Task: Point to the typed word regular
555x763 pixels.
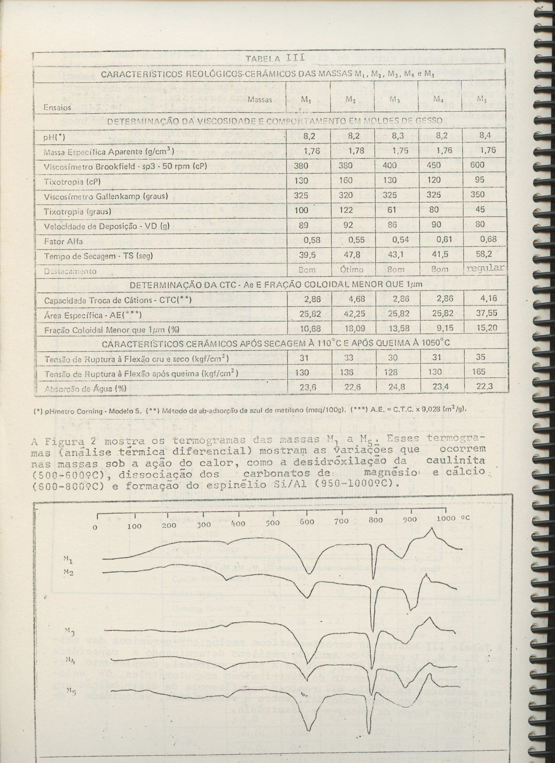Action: coord(485,268)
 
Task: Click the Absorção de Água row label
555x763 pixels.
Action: coord(86,389)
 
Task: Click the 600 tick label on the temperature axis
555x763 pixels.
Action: coord(307,522)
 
